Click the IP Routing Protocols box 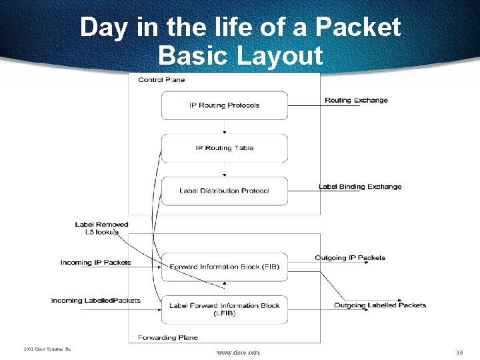(x=224, y=105)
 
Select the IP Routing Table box (x=224, y=148)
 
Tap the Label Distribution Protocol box (x=224, y=191)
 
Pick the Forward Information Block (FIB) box (x=225, y=267)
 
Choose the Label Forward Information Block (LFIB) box (x=225, y=309)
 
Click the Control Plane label (x=161, y=80)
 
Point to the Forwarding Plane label (x=167, y=337)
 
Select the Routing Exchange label (x=356, y=101)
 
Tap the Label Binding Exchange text (x=360, y=187)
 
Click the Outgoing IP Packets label (x=350, y=258)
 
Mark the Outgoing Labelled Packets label (x=380, y=305)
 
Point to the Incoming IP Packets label (x=95, y=263)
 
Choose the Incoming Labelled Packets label (x=95, y=301)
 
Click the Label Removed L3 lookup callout (x=101, y=228)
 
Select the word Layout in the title (x=279, y=55)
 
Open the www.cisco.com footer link (x=238, y=352)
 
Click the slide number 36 (x=459, y=351)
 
